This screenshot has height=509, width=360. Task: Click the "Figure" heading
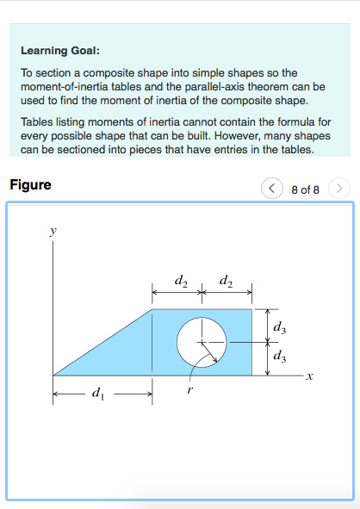coord(30,185)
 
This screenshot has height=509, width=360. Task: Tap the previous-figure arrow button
coord(272,187)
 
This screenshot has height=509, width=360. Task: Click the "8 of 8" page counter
coord(306,188)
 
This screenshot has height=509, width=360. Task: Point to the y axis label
coord(53,232)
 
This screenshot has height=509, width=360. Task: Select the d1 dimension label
coord(96,395)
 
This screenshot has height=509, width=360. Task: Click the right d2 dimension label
coord(226,280)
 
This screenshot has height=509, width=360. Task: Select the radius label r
coord(189,391)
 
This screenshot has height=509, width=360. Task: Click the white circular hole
coord(202,341)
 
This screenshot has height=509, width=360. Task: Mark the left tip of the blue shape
coord(54,375)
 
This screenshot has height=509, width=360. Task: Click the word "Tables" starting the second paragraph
coord(37,121)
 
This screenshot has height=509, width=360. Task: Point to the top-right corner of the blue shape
coord(251,309)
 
